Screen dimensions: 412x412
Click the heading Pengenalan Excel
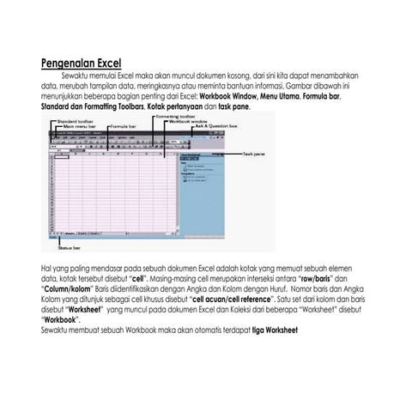pos(82,64)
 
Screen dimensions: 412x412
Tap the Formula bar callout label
pos(124,127)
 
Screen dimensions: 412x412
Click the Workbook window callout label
pos(188,122)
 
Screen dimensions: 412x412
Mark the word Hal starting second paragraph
pos(46,269)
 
